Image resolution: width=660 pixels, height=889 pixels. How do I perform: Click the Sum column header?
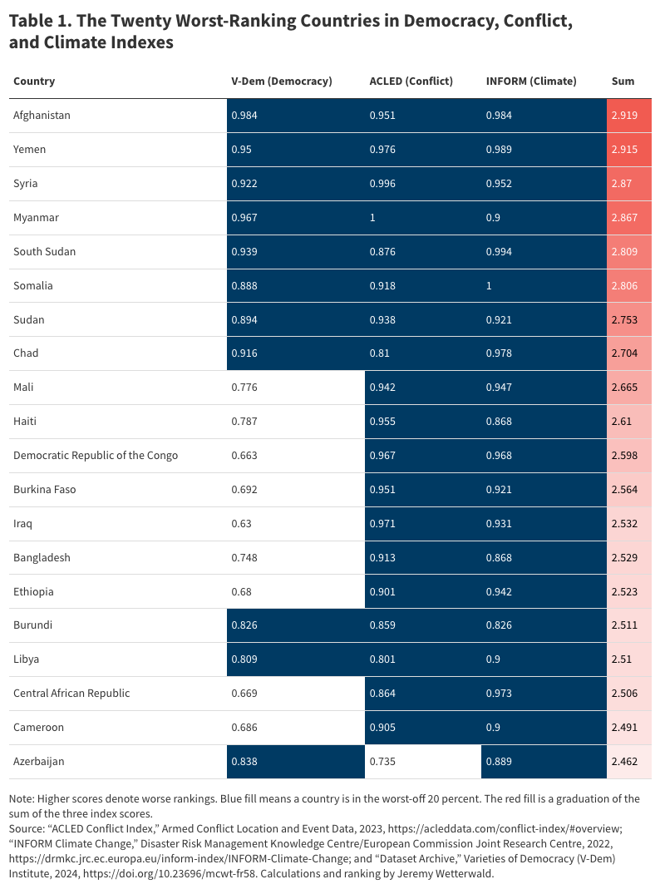[623, 81]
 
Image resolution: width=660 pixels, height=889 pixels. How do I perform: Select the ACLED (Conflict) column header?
[411, 81]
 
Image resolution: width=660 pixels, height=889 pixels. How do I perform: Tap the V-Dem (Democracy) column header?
[281, 81]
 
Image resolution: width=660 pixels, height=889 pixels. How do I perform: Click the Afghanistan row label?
[42, 116]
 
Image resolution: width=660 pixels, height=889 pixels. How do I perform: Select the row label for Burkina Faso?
[44, 490]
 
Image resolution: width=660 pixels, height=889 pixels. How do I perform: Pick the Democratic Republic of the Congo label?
[96, 456]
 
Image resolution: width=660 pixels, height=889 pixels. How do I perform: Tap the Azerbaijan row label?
[38, 762]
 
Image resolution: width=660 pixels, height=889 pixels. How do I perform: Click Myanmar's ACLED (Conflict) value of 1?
[372, 218]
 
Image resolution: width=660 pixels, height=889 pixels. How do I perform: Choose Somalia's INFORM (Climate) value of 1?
[489, 286]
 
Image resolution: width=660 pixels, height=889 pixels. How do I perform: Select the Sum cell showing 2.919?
[624, 116]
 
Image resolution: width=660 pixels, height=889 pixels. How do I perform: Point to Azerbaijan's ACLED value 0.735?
[382, 762]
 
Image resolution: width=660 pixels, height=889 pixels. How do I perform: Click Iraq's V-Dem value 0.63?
[241, 524]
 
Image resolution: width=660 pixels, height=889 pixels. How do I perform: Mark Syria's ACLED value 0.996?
[382, 184]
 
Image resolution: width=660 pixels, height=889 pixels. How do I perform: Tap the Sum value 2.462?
[624, 762]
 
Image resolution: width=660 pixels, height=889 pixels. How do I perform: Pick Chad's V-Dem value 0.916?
[244, 353]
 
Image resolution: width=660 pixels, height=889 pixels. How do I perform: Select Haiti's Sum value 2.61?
[622, 422]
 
